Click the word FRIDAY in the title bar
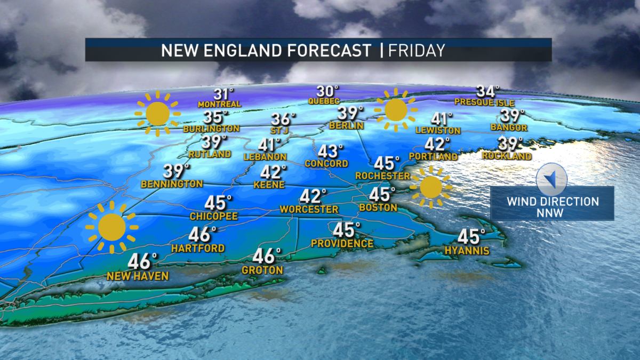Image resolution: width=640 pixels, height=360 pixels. coord(417,51)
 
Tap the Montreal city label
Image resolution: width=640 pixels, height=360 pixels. coord(219,104)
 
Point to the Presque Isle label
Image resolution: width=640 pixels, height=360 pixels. coord(484,102)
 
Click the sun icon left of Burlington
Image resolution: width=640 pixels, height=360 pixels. coord(158,114)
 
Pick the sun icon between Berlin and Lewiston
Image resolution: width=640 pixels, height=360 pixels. coord(395,110)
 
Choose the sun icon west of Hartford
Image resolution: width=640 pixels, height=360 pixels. coord(111,227)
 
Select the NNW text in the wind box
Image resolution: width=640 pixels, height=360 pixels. coord(553,212)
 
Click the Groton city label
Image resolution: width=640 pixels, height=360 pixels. coord(262,270)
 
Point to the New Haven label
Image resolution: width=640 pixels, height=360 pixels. coord(138,276)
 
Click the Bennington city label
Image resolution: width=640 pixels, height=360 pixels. coord(172,184)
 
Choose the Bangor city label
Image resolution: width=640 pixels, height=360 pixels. coord(509,128)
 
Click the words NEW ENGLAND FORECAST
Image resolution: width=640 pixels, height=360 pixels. coord(266,51)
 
